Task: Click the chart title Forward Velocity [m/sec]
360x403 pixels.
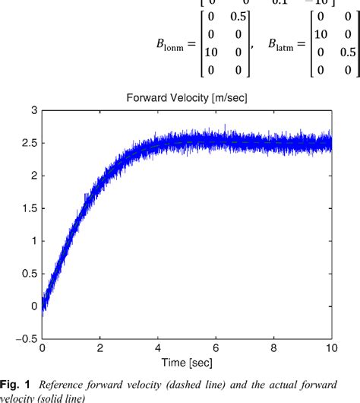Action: (x=186, y=97)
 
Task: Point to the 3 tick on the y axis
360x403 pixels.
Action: (x=33, y=111)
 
